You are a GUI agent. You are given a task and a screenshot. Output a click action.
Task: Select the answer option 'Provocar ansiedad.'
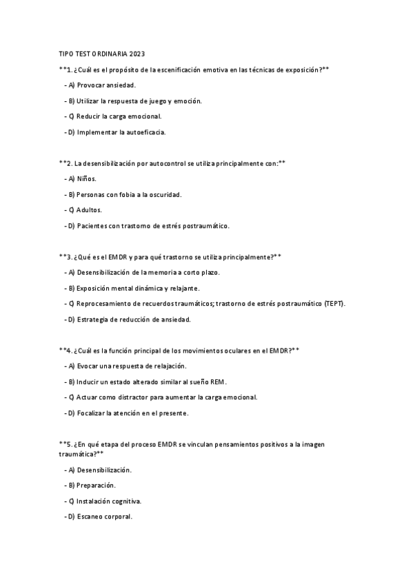(x=99, y=85)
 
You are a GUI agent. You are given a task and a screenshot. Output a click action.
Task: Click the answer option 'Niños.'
(x=86, y=179)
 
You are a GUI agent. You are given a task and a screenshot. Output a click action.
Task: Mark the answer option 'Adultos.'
(x=90, y=210)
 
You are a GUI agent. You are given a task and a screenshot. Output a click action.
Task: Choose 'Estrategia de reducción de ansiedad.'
(x=128, y=320)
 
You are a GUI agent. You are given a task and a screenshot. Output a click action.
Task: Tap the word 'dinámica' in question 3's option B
(x=157, y=288)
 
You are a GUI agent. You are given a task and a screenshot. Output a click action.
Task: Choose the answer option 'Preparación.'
(x=96, y=486)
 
